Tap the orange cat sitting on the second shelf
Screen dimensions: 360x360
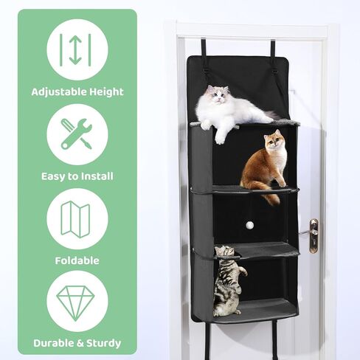coord(264,167)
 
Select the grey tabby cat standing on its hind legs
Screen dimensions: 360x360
coord(227,280)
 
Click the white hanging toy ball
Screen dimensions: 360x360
coord(249,224)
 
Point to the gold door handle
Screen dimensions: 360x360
coord(313,235)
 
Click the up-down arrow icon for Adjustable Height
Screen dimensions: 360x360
coord(76,49)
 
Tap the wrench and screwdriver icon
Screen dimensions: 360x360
coord(77,134)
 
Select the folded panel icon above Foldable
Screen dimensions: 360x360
coord(75,219)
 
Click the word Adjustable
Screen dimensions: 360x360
coord(59,92)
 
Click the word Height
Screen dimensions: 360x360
coord(106,92)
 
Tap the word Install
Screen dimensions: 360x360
coord(97,176)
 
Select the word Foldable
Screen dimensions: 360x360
coord(77,260)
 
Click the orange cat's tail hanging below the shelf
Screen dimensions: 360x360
coord(271,197)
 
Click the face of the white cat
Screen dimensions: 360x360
coord(218,94)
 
